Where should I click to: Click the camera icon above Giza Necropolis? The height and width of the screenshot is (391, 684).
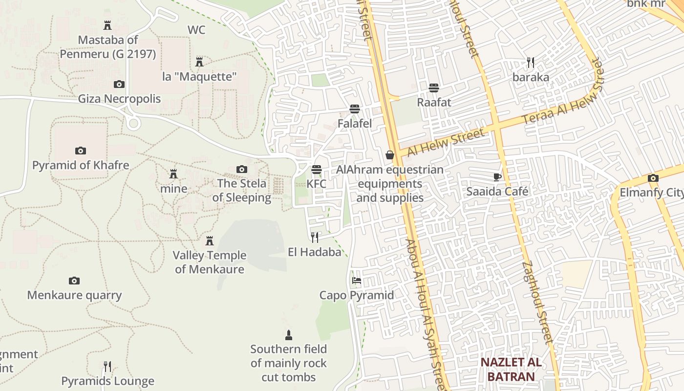point(119,85)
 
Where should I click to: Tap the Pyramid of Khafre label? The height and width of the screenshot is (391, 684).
point(81,165)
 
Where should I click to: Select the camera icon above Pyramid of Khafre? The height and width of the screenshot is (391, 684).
point(81,151)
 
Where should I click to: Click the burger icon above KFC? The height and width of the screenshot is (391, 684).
point(317,170)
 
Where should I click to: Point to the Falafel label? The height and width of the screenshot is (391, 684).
point(355,124)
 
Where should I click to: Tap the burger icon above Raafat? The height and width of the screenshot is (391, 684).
point(434,88)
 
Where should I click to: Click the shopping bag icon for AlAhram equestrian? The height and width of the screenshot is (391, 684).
point(390,155)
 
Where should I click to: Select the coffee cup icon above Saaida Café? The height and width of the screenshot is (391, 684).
point(497,177)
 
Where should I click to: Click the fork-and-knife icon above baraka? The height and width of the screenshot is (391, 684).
point(531,63)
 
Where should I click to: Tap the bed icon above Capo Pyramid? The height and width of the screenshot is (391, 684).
point(357,281)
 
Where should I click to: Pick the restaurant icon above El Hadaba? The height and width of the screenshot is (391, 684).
point(315,238)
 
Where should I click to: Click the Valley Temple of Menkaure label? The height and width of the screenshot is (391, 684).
point(210,262)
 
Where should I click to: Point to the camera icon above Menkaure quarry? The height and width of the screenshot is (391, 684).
point(74,281)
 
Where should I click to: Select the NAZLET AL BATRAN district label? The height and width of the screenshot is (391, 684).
point(511,369)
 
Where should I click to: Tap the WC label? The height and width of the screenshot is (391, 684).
point(196,30)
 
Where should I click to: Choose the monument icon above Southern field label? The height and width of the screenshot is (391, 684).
point(288,335)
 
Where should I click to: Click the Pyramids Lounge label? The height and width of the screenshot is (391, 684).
point(107,381)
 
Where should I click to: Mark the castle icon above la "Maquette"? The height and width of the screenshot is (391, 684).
point(199,62)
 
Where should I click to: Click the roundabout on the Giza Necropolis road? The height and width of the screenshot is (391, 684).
point(133,122)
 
